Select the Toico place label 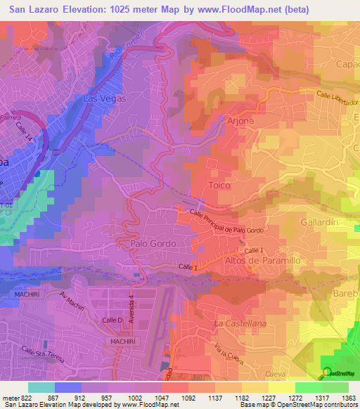click(219, 184)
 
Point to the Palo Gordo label click(153, 242)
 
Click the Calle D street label click(112, 320)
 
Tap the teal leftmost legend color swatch click(41, 387)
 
